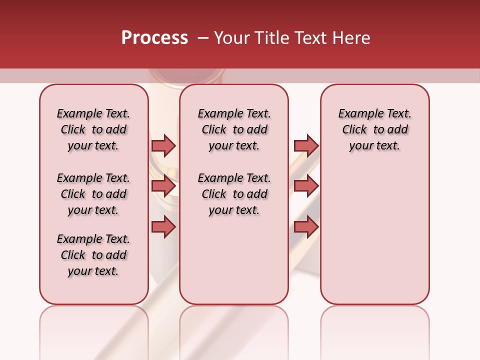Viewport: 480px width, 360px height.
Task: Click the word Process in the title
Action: click(154, 38)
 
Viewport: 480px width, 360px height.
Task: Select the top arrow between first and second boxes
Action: click(163, 145)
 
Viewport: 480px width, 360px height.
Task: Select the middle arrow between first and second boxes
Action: click(163, 186)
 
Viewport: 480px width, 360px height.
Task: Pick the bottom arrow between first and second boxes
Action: click(163, 227)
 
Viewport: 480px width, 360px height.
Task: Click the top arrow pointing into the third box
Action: click(306, 145)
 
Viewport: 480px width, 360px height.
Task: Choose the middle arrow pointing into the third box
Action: click(306, 186)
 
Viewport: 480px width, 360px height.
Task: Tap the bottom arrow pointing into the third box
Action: click(306, 227)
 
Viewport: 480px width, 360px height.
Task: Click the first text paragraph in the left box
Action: click(93, 129)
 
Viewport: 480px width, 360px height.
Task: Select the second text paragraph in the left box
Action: click(93, 194)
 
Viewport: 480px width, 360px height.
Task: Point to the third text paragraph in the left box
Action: click(93, 255)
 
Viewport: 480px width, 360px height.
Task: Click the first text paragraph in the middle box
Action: click(234, 129)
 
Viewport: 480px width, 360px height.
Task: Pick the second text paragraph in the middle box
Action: click(234, 194)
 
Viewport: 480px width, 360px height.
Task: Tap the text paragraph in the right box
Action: click(375, 129)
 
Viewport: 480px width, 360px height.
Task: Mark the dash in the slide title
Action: click(203, 38)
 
